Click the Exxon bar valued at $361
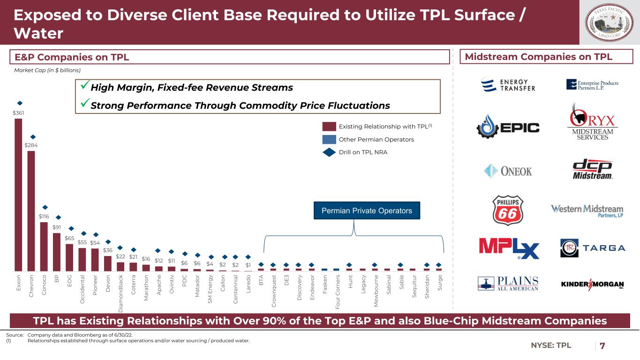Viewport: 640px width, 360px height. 19,195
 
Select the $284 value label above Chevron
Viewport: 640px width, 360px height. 31,145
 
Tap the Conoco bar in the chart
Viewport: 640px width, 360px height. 44,246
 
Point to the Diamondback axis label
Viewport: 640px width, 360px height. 120,293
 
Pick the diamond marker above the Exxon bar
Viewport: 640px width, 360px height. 20,103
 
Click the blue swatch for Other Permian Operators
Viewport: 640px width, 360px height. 329,139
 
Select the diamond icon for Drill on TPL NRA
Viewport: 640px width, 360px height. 329,152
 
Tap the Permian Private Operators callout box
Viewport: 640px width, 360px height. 367,210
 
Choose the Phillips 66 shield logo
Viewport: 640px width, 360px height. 507,210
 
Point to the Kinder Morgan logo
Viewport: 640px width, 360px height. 593,285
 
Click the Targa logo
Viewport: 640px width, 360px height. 593,248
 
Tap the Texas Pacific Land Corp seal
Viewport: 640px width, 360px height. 610,22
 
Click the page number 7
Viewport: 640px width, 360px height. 602,346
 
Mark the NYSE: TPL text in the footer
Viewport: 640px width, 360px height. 551,345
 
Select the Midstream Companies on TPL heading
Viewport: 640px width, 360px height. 538,57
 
